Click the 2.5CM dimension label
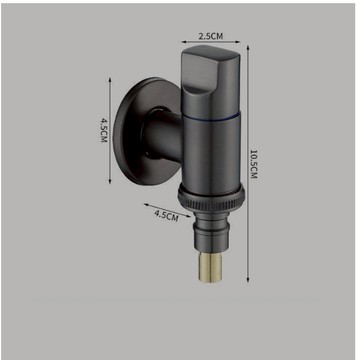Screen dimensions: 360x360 [x=211, y=36]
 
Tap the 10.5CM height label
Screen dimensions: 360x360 [x=254, y=164]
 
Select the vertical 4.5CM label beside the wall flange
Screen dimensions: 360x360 [x=104, y=129]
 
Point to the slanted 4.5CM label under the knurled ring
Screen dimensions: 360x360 [x=166, y=215]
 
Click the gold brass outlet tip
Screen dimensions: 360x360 [x=210, y=267]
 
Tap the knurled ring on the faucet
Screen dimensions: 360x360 [x=211, y=198]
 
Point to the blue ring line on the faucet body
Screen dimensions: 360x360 [x=211, y=117]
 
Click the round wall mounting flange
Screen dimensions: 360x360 [x=142, y=131]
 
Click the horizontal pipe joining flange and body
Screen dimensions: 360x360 [x=163, y=135]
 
